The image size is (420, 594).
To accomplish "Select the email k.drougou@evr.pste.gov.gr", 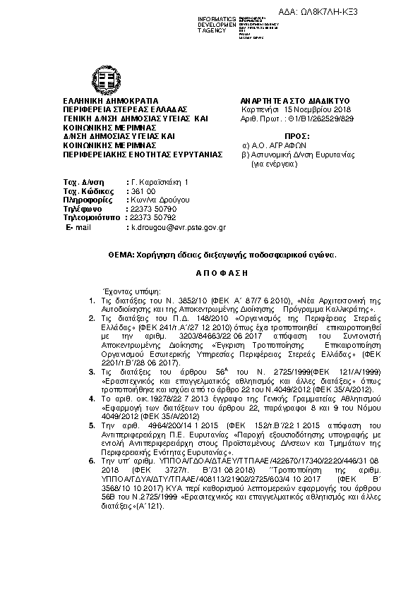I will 177,228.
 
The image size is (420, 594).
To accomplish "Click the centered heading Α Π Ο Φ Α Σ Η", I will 210,272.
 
